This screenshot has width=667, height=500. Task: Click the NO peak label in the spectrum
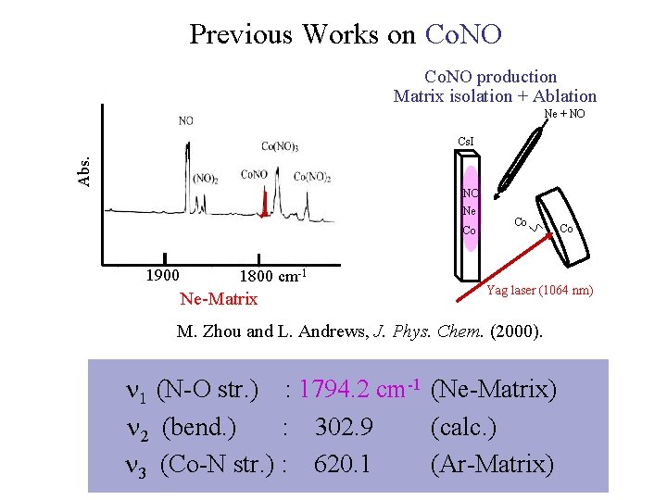pos(186,120)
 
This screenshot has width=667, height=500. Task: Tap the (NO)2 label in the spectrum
pos(205,179)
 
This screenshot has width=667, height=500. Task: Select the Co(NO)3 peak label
pos(279,145)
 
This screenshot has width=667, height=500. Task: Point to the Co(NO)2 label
pos(312,177)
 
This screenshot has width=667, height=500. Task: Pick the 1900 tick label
pos(163,275)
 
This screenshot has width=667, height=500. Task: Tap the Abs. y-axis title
pos(84,171)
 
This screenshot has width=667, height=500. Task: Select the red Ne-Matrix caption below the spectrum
pos(219,298)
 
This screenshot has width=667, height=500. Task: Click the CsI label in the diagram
pos(467,142)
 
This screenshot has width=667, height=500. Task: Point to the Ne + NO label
pos(564,114)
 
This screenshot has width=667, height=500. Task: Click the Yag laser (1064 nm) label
pos(540,291)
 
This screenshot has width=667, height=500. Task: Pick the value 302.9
pos(344,427)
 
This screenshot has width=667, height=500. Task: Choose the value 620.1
pos(342,463)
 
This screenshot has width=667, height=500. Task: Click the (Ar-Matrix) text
pos(492,463)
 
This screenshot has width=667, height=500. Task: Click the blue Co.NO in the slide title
pos(462,34)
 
